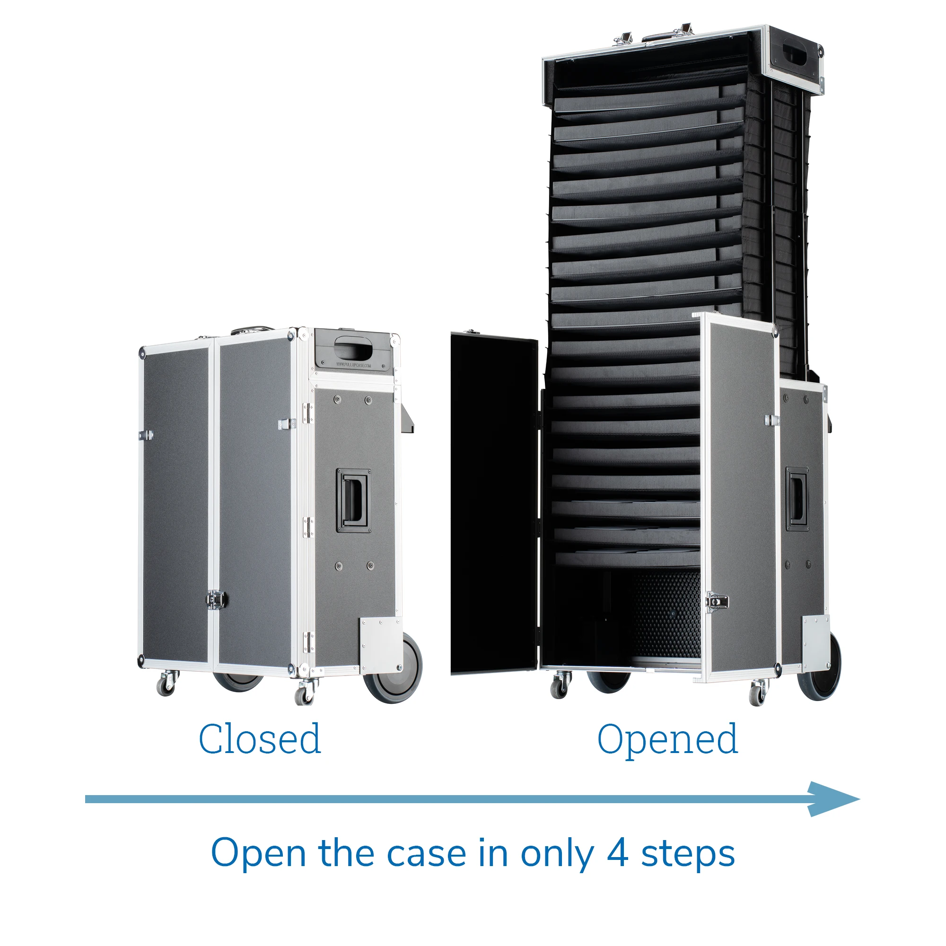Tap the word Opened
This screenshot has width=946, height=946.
click(667, 740)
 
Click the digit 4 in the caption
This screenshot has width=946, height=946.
click(617, 853)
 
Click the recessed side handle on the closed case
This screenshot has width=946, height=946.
click(352, 500)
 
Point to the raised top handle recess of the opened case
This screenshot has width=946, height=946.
click(795, 55)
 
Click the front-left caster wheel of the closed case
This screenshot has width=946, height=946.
click(166, 683)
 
